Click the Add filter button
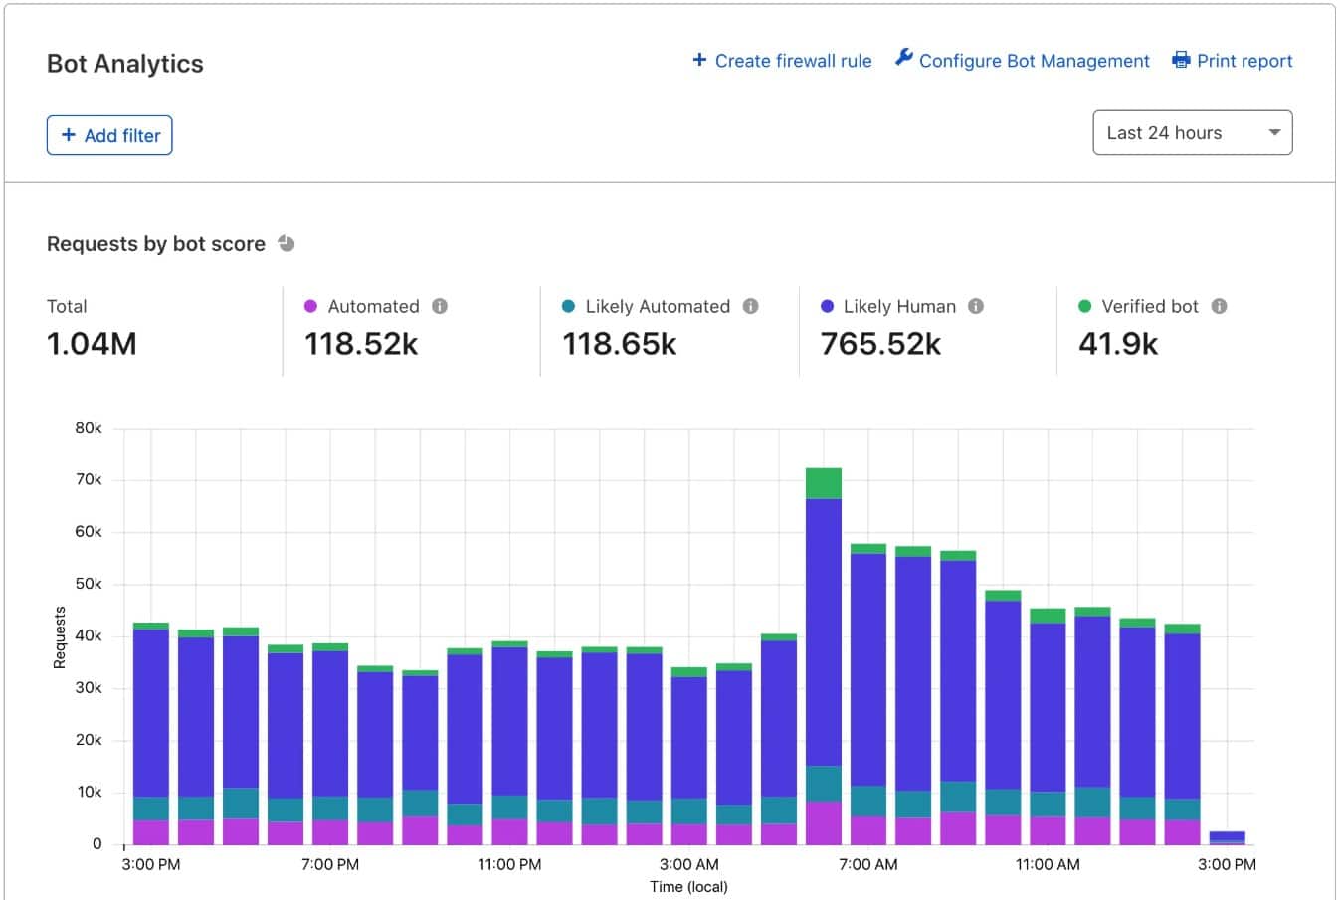point(109,135)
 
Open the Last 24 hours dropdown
point(1192,133)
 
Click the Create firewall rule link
point(782,61)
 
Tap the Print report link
point(1233,61)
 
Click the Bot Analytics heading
point(125,64)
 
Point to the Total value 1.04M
point(92,344)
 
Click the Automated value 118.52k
point(361,344)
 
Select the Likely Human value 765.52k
point(880,344)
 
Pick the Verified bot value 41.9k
point(1118,344)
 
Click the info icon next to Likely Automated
point(751,306)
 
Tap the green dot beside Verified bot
point(1084,306)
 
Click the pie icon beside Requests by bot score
point(287,243)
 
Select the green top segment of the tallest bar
point(824,483)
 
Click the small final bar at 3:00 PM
point(1227,837)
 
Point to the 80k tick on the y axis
point(89,428)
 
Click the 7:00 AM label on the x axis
point(867,864)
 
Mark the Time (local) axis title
point(688,886)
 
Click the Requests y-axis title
point(60,637)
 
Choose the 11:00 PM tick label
point(509,864)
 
